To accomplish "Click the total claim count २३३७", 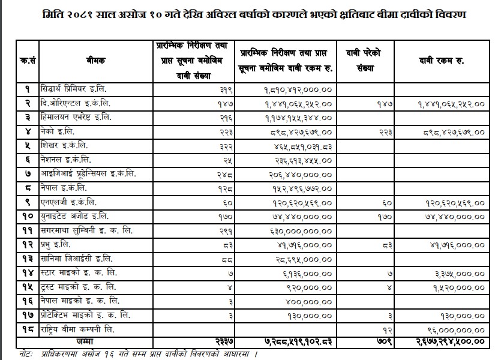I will [223, 341].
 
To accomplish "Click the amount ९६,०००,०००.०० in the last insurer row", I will [455, 329].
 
